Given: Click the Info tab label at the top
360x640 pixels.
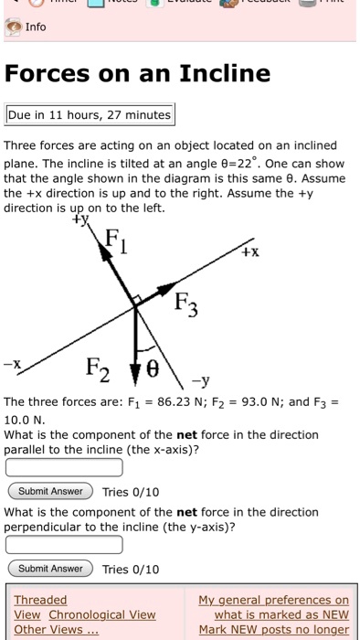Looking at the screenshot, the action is [35, 27].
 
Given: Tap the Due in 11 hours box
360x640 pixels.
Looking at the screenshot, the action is [90, 115].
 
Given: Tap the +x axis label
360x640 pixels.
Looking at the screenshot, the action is [249, 251].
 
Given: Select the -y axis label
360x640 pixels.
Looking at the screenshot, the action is [203, 382].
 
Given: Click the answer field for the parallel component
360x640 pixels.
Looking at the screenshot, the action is [64, 467].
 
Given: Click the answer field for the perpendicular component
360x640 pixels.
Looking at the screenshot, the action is [64, 545].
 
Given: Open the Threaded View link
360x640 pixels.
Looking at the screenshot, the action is [40, 600].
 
